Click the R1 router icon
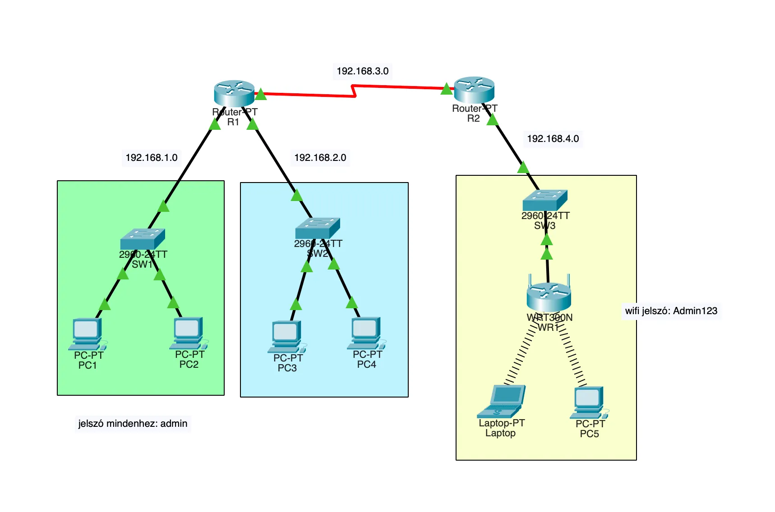234,93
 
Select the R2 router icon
474,90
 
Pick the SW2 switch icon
317,228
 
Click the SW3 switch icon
544,200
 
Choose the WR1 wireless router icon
549,296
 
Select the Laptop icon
502,401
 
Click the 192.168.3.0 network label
362,71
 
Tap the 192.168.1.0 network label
151,158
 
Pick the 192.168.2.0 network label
320,158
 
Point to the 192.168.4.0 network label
553,139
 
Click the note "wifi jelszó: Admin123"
671,311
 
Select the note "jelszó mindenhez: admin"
133,424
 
